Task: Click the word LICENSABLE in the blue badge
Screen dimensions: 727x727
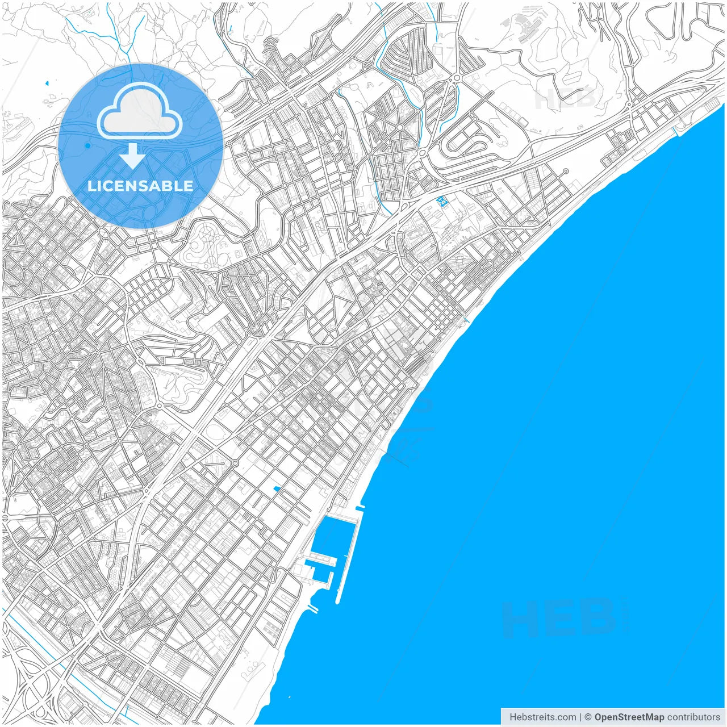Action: [140, 186]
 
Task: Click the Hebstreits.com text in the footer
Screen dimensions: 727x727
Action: [542, 717]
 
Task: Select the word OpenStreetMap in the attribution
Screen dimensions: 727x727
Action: [629, 717]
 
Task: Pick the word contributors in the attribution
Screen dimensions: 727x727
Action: [693, 717]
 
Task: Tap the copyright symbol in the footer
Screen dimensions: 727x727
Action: [588, 717]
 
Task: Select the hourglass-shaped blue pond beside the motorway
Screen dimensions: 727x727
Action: [441, 200]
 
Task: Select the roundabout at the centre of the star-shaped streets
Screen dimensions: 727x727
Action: [399, 127]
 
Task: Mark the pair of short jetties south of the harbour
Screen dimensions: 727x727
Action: [311, 609]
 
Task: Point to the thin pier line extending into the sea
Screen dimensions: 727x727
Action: [398, 461]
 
